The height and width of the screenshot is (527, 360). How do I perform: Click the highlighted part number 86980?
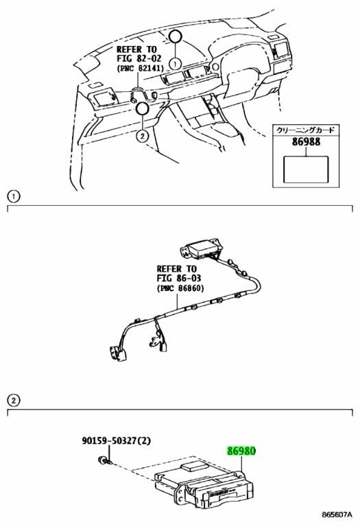tap(241, 451)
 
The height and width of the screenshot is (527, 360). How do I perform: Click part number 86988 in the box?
tap(306, 142)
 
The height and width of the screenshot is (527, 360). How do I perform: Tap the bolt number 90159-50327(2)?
tap(116, 441)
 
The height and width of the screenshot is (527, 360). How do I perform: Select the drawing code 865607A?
tap(337, 514)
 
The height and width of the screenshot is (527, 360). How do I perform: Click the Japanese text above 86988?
tap(305, 130)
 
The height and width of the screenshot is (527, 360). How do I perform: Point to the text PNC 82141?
tap(140, 68)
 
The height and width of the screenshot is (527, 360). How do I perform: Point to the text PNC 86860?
tap(180, 288)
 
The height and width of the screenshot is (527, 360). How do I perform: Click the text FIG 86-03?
tap(179, 279)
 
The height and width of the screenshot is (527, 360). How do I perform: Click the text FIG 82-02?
tap(139, 58)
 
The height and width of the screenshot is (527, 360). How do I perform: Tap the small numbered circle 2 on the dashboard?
tap(143, 136)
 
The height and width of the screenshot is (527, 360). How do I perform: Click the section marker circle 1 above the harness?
tap(14, 197)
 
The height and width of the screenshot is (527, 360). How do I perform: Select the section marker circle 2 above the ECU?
tap(14, 400)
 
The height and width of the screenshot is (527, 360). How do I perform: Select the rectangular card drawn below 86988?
tap(306, 169)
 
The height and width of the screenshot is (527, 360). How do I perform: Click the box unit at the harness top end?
tap(202, 249)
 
